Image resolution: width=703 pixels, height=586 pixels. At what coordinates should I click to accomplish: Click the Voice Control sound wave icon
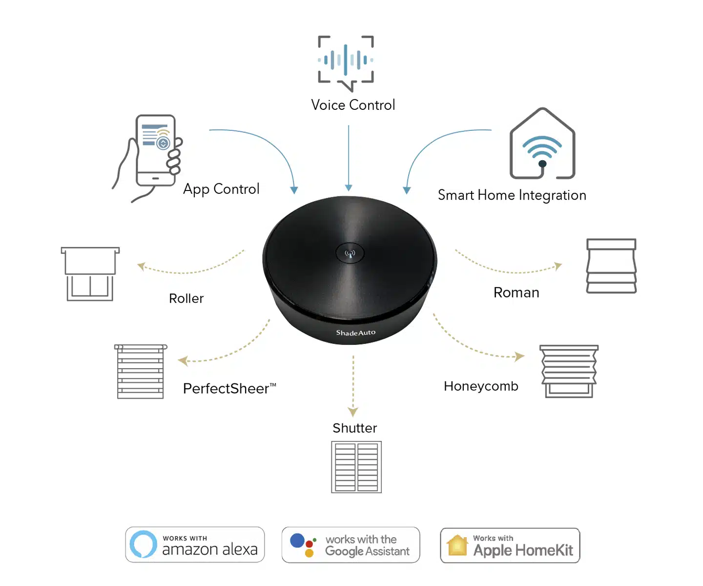[x=346, y=62]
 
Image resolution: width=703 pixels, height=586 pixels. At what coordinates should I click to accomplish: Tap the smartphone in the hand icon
[x=155, y=150]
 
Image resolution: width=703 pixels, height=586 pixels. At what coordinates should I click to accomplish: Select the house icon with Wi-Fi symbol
[x=542, y=145]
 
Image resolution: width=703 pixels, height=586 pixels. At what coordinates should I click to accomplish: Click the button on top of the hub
[x=350, y=253]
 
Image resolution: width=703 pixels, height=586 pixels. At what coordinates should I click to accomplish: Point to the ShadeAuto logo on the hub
[x=355, y=333]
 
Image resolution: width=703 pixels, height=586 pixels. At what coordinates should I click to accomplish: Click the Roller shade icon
[x=90, y=273]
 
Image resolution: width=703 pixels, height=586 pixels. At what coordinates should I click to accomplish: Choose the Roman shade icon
[x=611, y=266]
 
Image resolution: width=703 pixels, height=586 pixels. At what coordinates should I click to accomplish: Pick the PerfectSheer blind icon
[x=141, y=371]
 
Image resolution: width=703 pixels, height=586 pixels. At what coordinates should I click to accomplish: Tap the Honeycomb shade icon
[x=569, y=371]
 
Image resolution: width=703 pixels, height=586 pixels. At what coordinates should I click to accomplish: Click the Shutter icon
[x=356, y=467]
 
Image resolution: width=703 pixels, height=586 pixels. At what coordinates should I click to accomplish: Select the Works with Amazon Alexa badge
[x=195, y=544]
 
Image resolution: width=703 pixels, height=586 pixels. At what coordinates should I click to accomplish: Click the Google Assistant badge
[x=351, y=545]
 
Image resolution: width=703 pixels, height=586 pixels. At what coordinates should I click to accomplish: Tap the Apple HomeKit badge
[x=510, y=545]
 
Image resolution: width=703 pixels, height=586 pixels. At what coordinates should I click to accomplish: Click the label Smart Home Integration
[x=512, y=195]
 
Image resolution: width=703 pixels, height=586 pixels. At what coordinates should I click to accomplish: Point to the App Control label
[x=221, y=189]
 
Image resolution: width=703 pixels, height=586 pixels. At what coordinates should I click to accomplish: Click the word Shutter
[x=355, y=428]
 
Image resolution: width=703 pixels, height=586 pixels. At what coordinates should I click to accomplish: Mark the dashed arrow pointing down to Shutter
[x=353, y=386]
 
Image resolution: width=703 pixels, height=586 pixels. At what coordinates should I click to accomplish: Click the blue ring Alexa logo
[x=144, y=544]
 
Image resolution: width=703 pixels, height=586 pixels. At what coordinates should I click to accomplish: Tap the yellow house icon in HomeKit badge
[x=457, y=545]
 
